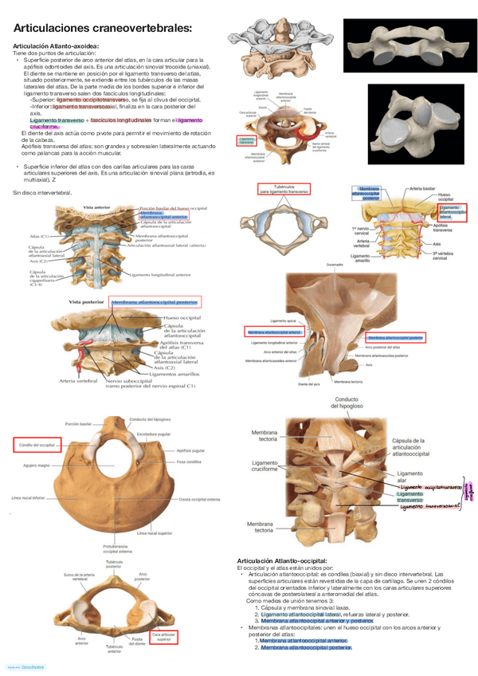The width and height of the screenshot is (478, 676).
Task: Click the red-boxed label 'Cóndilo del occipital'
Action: coord(37,444)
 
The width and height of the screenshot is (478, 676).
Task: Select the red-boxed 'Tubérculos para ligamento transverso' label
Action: coord(284,189)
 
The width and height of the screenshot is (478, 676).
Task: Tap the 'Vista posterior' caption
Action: coord(85,303)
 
